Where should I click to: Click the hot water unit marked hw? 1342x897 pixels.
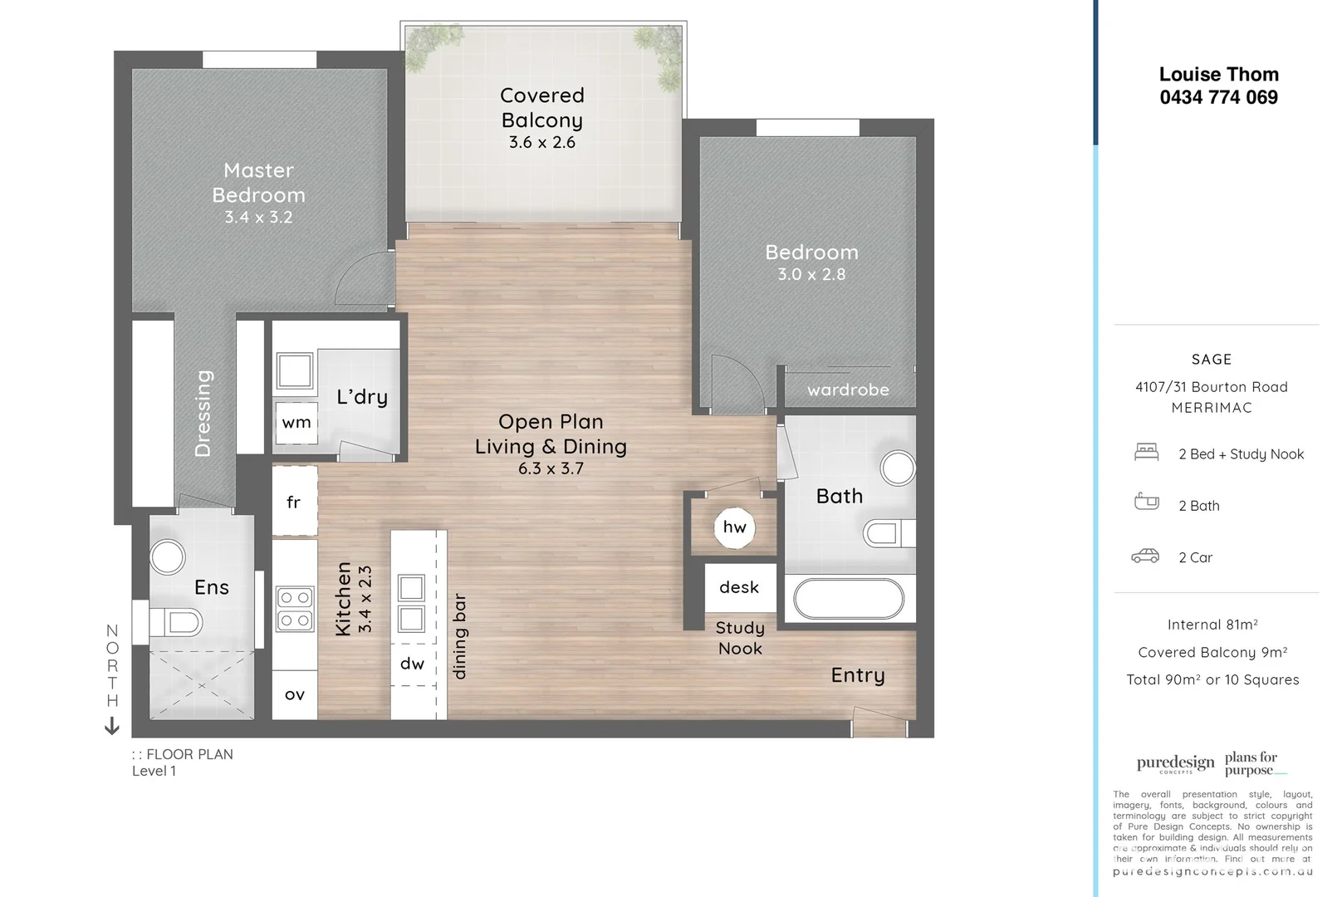(735, 527)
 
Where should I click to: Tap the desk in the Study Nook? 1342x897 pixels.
(739, 587)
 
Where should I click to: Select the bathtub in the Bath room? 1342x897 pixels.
(848, 598)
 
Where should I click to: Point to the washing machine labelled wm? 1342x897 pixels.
(296, 423)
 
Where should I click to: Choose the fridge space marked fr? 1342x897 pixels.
(294, 502)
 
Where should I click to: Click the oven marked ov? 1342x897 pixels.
(294, 694)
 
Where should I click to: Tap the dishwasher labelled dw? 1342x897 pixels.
(413, 664)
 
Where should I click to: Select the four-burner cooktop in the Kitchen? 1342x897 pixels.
(295, 609)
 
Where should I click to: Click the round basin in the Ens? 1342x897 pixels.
(168, 557)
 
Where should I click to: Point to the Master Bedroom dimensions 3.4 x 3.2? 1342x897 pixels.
(258, 218)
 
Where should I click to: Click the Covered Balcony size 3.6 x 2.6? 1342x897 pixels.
(542, 143)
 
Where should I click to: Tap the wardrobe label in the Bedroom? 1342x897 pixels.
(848, 390)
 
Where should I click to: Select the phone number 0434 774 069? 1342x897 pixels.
(1218, 97)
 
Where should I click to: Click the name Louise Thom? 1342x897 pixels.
(1218, 75)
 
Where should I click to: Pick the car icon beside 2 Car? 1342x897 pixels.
(1145, 556)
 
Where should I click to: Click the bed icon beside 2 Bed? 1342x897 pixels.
(1146, 453)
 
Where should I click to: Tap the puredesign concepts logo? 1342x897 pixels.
(1175, 763)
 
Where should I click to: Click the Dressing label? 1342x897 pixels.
(203, 414)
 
